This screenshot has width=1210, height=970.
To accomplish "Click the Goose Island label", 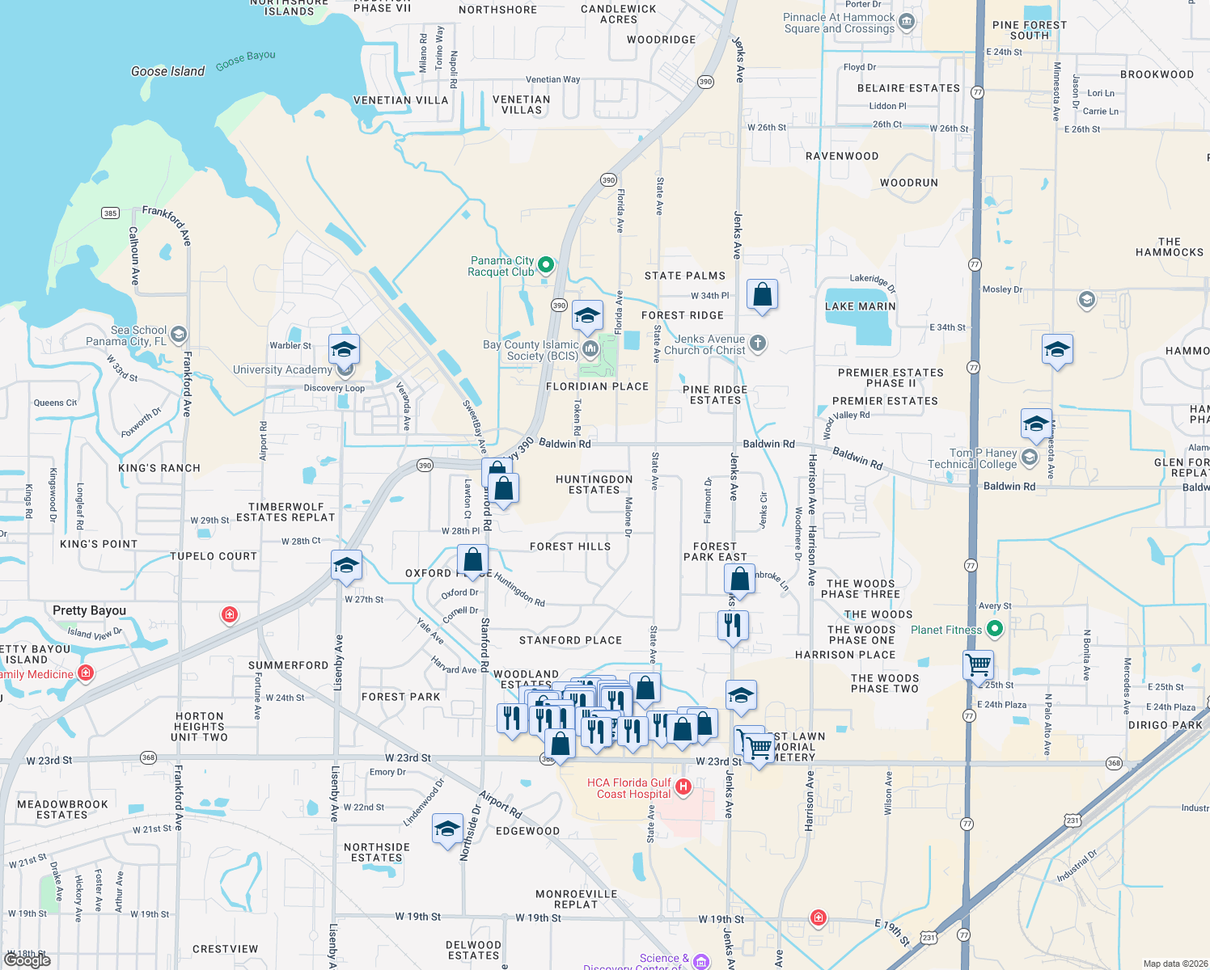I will pos(168,71).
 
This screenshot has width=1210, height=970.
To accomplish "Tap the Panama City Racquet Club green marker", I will pos(546,264).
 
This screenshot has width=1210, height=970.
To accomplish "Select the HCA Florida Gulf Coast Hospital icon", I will pos(683,787).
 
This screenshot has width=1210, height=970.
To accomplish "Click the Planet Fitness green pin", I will pos(995,628).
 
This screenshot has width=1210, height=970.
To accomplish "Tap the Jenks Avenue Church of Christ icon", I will pos(757,344).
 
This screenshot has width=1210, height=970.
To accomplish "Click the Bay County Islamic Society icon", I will pos(590,349).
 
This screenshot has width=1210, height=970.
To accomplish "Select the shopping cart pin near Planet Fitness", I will pos(978,664).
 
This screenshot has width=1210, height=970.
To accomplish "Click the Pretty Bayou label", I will pos(89,610).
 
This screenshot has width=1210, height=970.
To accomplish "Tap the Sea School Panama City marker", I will pos(179,334).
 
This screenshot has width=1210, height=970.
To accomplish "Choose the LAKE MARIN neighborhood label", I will pos(860,306).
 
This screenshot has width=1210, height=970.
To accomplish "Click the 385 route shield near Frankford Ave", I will pos(111,213).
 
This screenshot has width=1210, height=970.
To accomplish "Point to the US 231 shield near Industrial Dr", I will pos(1072,820).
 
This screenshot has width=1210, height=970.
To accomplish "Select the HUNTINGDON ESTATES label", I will pos(594,484).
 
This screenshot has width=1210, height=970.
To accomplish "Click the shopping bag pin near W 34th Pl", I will pos(762,295).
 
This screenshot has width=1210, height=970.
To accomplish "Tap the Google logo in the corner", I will pos(27,959).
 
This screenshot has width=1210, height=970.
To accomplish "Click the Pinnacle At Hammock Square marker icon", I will pos(907,22).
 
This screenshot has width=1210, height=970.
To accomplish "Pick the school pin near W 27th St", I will pos(346,566).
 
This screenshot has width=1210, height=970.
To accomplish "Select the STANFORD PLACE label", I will pos(570,640).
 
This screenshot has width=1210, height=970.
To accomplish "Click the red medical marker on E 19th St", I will pos(819,917).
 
